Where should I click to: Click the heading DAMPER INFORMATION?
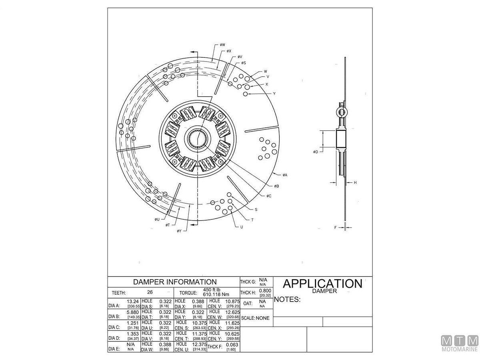174,282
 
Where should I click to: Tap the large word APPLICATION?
322,284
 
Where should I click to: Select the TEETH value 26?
150,292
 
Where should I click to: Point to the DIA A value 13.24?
133,301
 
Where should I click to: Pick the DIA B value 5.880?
133,312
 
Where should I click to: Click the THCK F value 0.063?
232,344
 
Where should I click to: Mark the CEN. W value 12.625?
232,312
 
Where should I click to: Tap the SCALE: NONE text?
256,318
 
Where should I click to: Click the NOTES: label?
287,300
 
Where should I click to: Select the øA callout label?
285,175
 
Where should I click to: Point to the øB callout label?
276,186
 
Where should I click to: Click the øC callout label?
269,196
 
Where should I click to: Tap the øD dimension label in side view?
316,152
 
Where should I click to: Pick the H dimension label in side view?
355,182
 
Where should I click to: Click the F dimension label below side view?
336,227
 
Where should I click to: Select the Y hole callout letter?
274,94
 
